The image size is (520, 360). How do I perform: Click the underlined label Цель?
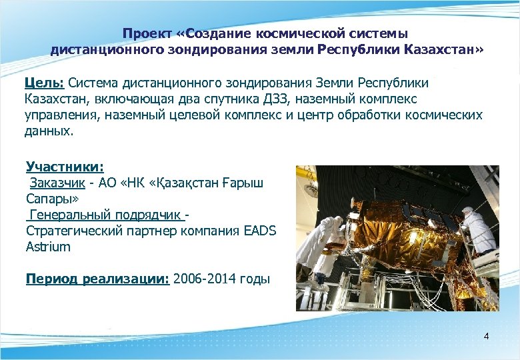pos(44,83)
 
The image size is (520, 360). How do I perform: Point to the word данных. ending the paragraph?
pos(47,131)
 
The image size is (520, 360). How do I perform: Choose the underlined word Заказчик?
pos(56,183)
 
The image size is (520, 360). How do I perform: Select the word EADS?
pos(260,231)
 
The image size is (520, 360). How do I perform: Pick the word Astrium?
pos(48,247)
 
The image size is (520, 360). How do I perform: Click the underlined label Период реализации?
pos(97,279)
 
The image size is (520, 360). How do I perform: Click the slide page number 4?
pos(486,336)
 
